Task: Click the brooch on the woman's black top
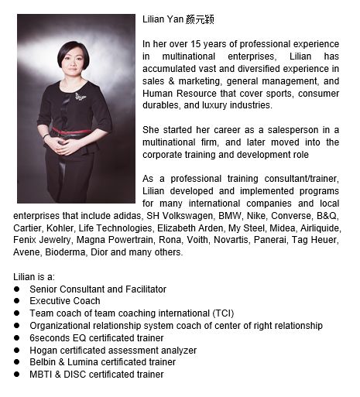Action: tap(80, 97)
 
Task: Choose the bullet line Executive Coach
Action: tap(65, 301)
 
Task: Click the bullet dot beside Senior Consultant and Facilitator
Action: tap(17, 289)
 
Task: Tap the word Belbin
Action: tap(43, 362)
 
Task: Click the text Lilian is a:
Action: tap(34, 276)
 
